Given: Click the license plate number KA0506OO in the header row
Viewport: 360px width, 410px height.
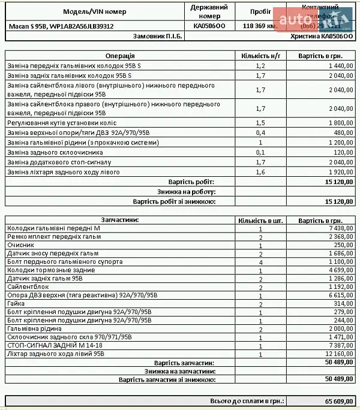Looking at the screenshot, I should pos(209,26).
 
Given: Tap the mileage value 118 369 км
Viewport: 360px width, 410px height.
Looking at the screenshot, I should pos(260,26).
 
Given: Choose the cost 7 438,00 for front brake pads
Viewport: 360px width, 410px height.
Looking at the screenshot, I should pos(339,228).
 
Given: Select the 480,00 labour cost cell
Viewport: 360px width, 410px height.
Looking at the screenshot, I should pos(343,132).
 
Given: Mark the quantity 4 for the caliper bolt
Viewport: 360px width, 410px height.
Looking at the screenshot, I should pos(260,262).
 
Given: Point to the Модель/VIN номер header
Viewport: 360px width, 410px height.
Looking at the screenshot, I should pos(95,11).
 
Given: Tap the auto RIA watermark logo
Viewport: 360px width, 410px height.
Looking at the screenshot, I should pos(313,20).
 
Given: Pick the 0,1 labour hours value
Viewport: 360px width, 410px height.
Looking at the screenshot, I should pos(260,153).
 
